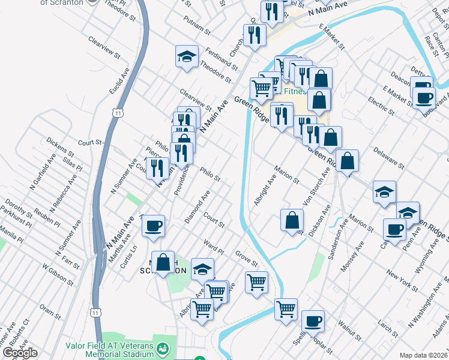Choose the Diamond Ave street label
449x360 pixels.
coord(197,208)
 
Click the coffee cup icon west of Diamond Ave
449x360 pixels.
coord(152,226)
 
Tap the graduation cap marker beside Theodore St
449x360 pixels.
coord(187,57)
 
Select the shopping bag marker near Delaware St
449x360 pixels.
coord(347,161)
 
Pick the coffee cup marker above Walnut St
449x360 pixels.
coord(313,322)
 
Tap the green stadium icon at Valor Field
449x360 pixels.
coord(162,349)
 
